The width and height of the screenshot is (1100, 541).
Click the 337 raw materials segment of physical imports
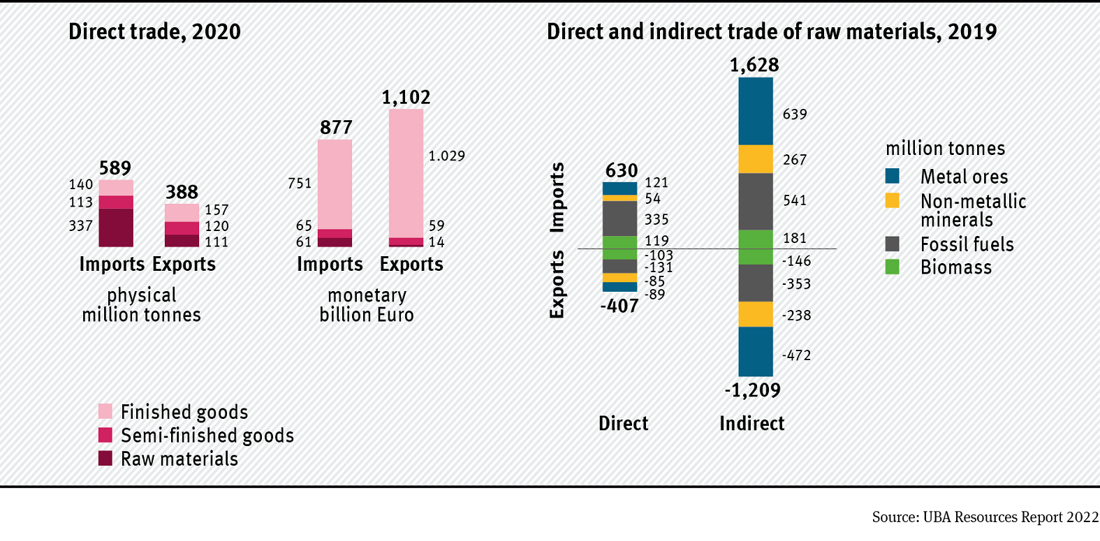pyautogui.click(x=116, y=228)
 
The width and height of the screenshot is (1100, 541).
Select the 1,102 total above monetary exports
pyautogui.click(x=406, y=97)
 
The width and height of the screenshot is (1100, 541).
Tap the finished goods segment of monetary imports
pyautogui.click(x=335, y=184)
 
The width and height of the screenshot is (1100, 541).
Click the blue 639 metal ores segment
pyautogui.click(x=756, y=111)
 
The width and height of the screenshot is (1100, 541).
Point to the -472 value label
pyautogui.click(x=796, y=355)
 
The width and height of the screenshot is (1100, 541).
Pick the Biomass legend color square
pyautogui.click(x=892, y=267)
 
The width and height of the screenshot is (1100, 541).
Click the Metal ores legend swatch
pyautogui.click(x=892, y=176)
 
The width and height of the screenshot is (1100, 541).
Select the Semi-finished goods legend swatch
pyautogui.click(x=105, y=435)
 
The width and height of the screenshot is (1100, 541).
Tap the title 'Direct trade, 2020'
pyautogui.click(x=154, y=32)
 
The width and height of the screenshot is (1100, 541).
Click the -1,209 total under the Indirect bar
pyautogui.click(x=752, y=390)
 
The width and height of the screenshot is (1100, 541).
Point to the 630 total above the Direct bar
pyautogui.click(x=621, y=170)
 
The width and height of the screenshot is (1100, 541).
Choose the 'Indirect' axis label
pyautogui.click(x=751, y=424)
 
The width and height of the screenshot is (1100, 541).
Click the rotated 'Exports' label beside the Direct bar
pyautogui.click(x=557, y=284)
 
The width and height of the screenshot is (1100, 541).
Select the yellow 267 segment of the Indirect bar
pyautogui.click(x=756, y=159)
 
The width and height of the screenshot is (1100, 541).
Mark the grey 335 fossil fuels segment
pyautogui.click(x=619, y=218)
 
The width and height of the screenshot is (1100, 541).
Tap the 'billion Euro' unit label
pyautogui.click(x=367, y=315)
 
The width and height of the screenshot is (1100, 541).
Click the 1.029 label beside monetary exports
pyautogui.click(x=446, y=156)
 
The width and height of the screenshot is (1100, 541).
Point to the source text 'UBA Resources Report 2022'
pyautogui.click(x=1011, y=517)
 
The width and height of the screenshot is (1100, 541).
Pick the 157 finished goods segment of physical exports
pyautogui.click(x=182, y=212)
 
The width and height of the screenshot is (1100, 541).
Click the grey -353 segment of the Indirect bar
pyautogui.click(x=756, y=283)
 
